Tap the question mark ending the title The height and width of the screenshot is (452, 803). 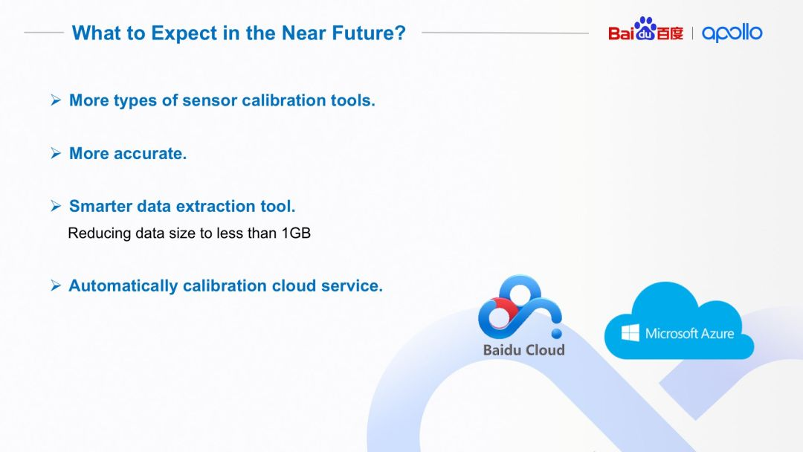coord(400,32)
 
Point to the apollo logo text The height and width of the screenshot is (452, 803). coord(732,33)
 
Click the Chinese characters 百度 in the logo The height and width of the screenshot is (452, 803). coord(670,33)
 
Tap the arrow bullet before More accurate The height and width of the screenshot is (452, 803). coord(56,153)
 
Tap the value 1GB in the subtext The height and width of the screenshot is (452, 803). coord(296,233)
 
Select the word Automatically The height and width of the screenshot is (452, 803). coord(123,285)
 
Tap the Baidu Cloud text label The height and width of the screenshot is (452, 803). coord(524,350)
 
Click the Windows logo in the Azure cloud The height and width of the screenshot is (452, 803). coord(630,333)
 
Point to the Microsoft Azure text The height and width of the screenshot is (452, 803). coord(689,334)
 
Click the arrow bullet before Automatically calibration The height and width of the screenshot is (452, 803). coord(56,285)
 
